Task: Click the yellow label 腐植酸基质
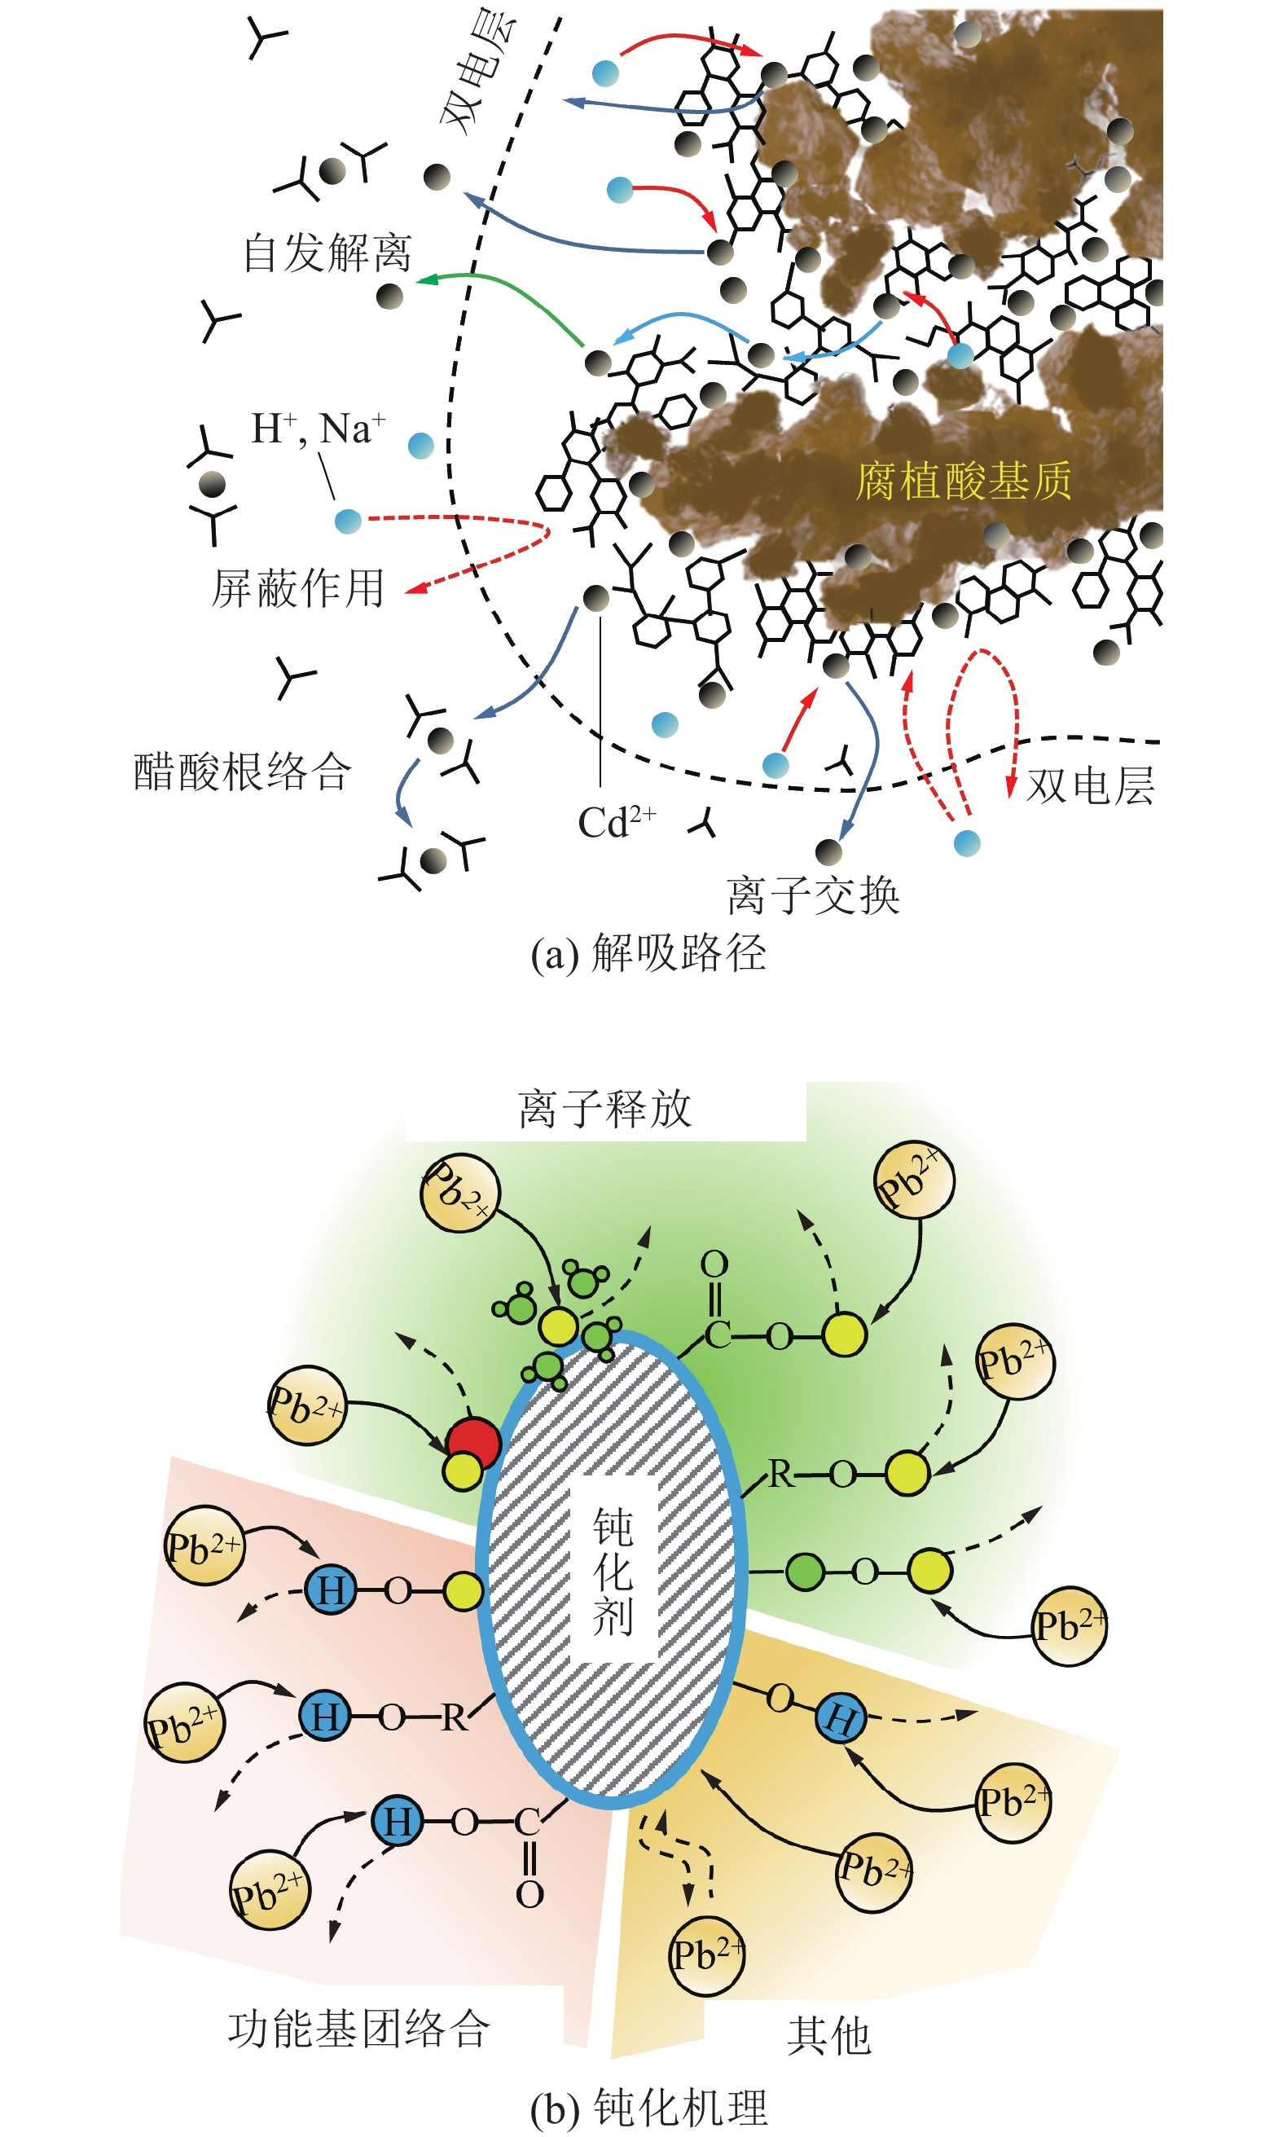pyautogui.click(x=963, y=481)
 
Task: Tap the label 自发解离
pyautogui.click(x=327, y=253)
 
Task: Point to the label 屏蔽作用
pyautogui.click(x=298, y=588)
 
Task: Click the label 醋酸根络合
pyautogui.click(x=242, y=771)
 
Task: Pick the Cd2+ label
pyautogui.click(x=617, y=822)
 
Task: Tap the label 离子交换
pyautogui.click(x=813, y=895)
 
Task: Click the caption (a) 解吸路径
pyautogui.click(x=648, y=953)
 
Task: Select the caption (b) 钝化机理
pyautogui.click(x=648, y=2107)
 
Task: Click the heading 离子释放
pyautogui.click(x=605, y=1108)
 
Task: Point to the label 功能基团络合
pyautogui.click(x=358, y=2028)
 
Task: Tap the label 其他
pyautogui.click(x=828, y=2035)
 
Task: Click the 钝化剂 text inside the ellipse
pyautogui.click(x=613, y=1571)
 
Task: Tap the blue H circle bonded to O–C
pyautogui.click(x=397, y=1822)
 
